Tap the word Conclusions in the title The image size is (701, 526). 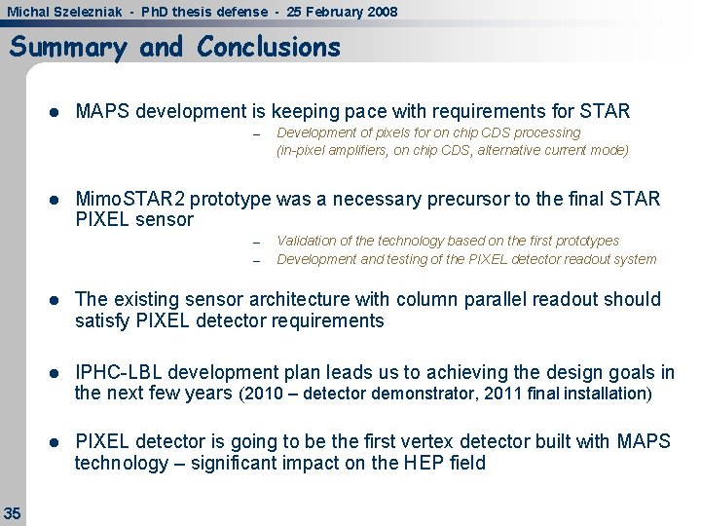pos(269,47)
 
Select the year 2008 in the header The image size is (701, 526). pos(378,12)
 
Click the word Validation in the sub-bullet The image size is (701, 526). pos(309,241)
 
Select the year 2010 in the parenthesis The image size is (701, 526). pos(261,394)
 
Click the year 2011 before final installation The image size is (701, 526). pos(501,394)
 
